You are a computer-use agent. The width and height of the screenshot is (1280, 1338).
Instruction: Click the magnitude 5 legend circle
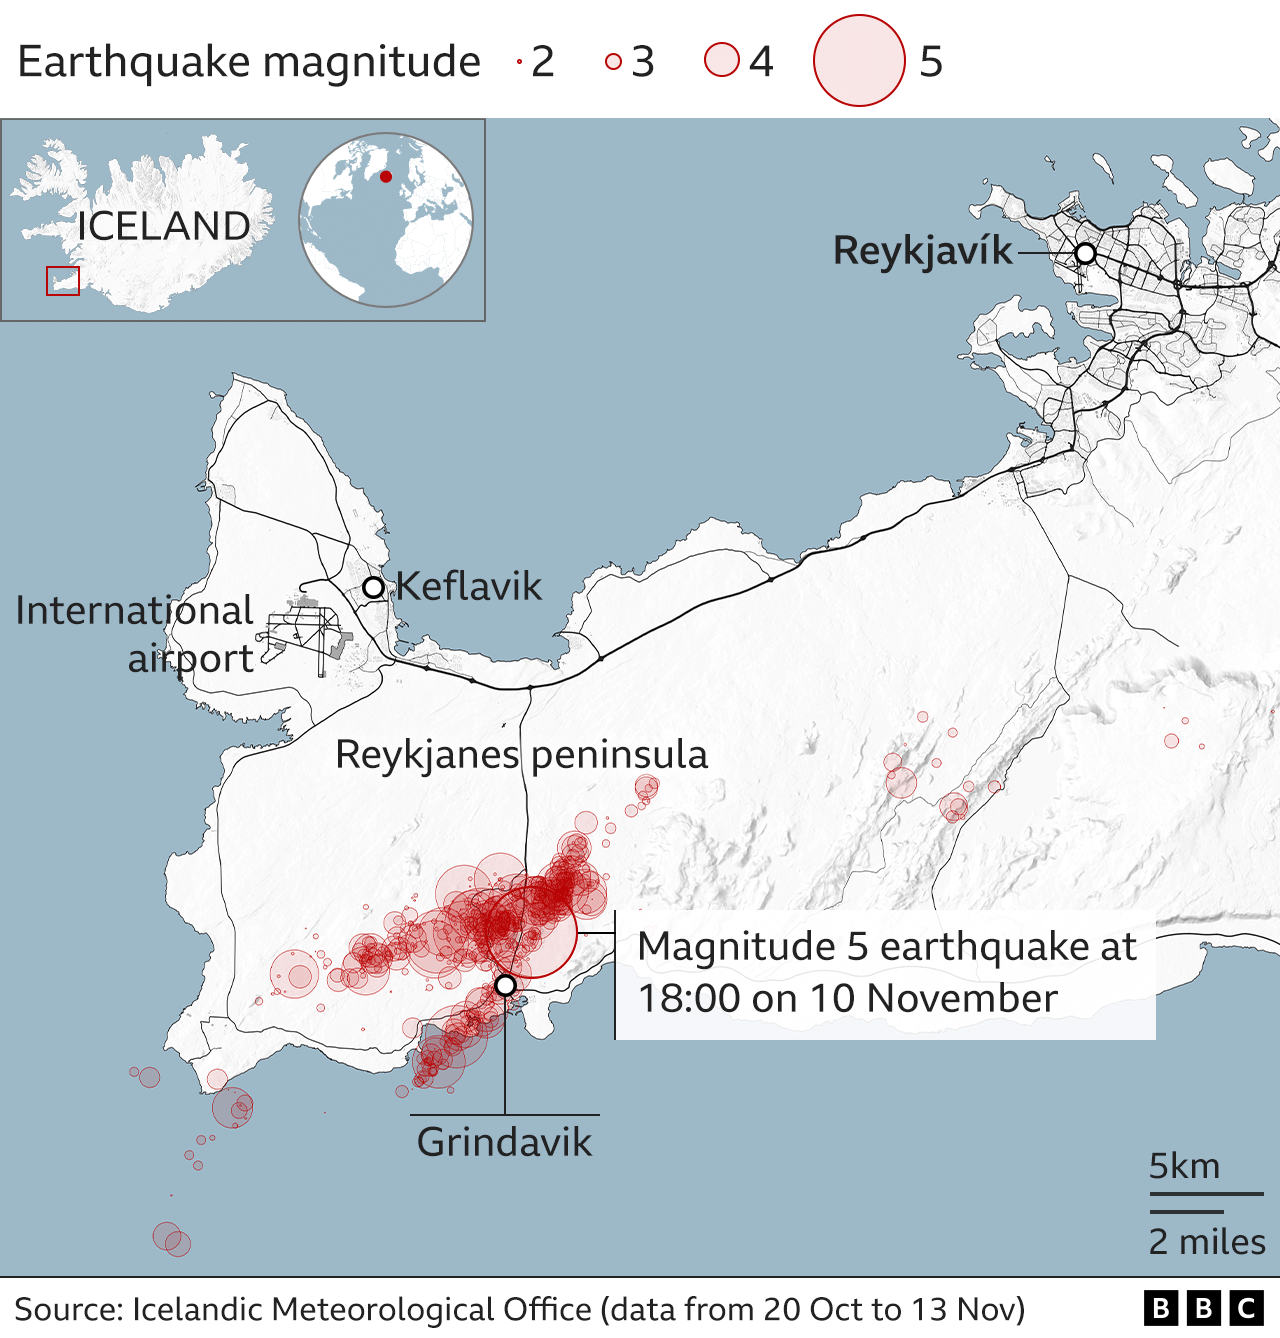(859, 61)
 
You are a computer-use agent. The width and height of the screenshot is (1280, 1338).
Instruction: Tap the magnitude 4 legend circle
(721, 60)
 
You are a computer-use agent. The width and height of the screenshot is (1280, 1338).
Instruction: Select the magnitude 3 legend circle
(613, 62)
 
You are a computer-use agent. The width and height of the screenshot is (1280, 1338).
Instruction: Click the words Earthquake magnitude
(249, 62)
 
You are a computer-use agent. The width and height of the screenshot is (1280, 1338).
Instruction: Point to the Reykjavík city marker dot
(1085, 254)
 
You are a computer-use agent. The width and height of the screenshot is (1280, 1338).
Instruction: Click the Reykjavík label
(922, 251)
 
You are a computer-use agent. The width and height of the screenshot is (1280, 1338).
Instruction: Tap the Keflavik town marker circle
(373, 587)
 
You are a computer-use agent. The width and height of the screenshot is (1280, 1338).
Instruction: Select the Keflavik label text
(469, 586)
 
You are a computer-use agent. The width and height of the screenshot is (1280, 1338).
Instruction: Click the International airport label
(135, 634)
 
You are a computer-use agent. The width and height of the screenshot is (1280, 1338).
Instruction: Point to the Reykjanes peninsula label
(521, 754)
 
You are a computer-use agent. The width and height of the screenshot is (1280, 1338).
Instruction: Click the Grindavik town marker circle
(505, 986)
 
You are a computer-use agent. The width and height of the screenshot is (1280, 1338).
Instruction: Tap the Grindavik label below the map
(504, 1142)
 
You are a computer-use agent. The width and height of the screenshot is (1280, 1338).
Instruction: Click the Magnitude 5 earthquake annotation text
(886, 972)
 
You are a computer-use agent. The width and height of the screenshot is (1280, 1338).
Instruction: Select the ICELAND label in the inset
(164, 226)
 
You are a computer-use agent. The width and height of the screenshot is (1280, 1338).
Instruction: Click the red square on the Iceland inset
(63, 281)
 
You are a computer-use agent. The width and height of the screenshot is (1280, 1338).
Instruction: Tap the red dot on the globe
(386, 177)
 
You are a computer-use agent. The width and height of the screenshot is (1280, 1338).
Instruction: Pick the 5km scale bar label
(1184, 1166)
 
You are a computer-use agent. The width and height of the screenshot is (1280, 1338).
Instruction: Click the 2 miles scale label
(1206, 1242)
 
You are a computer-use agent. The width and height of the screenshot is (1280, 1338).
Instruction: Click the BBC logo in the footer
(1203, 1308)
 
